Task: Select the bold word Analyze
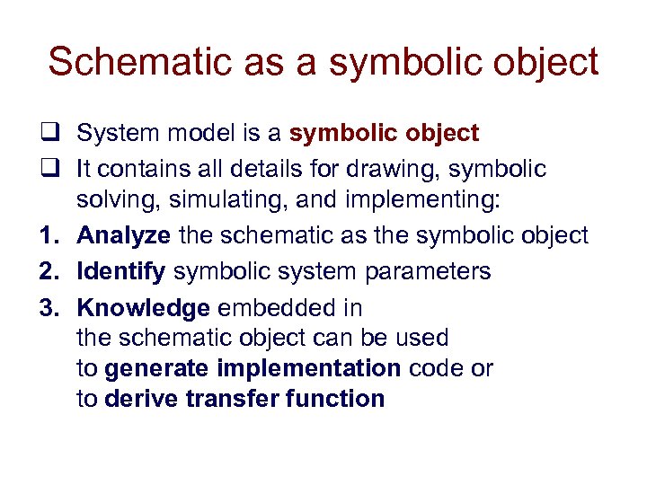pos(124,236)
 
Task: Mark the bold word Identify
pos(121,271)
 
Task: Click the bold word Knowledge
pos(144,308)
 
